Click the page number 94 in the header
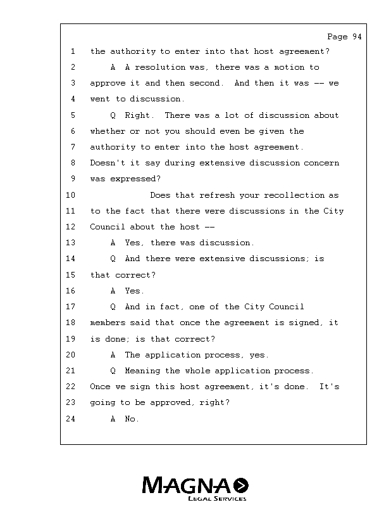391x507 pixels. [356, 37]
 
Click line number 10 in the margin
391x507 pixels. [70, 195]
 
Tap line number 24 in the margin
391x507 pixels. [70, 419]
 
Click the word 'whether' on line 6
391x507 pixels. [108, 131]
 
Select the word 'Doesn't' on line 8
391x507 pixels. [108, 163]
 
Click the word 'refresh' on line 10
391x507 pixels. [208, 195]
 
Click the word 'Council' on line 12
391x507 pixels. [108, 227]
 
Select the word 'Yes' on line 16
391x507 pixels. [133, 291]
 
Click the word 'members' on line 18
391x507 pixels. [108, 323]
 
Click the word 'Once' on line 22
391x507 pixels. [100, 387]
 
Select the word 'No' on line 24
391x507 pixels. [130, 419]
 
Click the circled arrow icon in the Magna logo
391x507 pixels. [241, 485]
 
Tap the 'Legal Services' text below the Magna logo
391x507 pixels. [216, 499]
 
